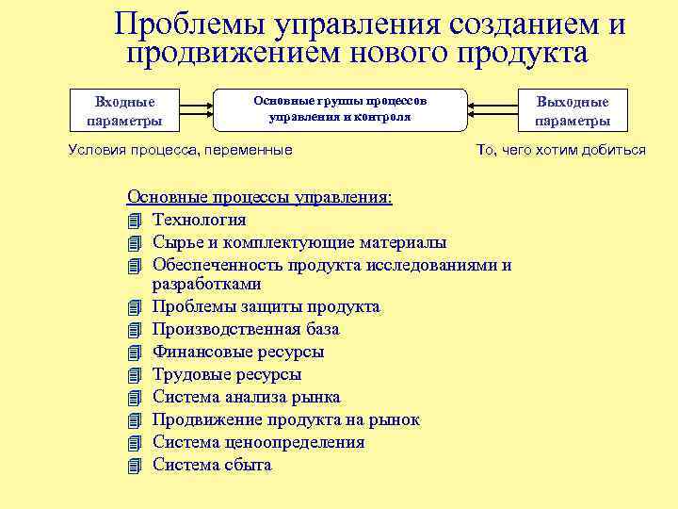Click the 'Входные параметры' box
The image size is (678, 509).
124,110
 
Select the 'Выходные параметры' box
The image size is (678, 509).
573,110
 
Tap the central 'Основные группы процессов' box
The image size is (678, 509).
341,110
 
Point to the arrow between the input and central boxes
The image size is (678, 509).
195,110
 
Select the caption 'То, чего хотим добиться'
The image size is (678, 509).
561,150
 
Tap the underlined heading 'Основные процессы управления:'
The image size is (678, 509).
260,198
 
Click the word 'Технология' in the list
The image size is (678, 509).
200,221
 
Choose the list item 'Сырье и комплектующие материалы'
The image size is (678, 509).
299,242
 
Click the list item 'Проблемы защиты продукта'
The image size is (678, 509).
266,307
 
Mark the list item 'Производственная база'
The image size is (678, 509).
246,330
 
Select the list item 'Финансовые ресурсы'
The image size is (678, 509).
238,352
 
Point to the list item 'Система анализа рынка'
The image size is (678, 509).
247,397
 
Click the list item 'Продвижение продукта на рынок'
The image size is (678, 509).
286,419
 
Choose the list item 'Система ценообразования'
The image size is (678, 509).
259,442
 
